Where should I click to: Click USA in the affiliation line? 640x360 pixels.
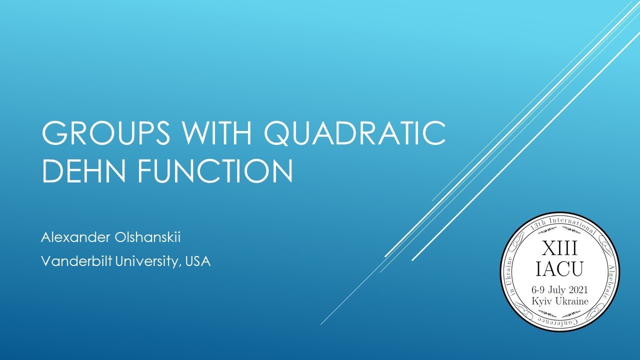[197, 261]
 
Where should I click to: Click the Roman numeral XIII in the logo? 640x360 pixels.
[559, 248]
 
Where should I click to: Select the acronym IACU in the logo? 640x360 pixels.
[559, 269]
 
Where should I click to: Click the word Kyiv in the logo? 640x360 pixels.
[542, 301]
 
